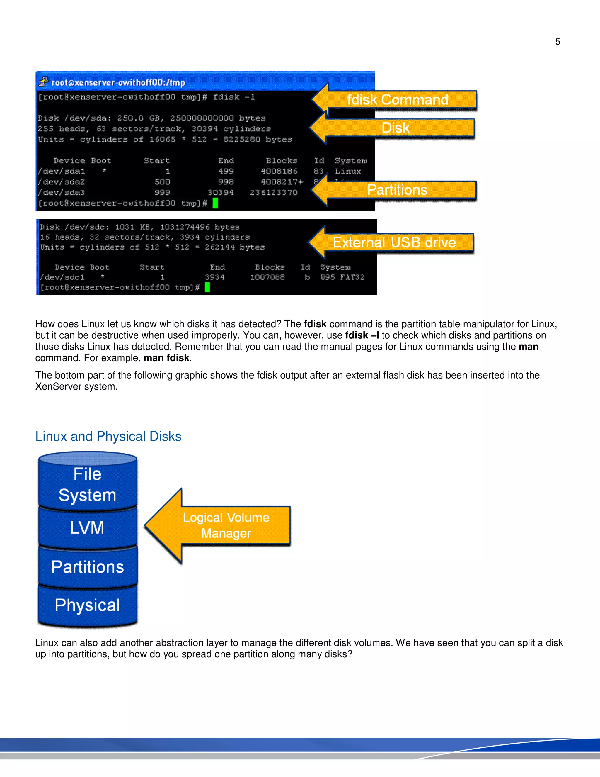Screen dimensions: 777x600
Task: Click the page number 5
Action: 557,42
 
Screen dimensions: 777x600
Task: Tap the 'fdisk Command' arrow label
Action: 397,100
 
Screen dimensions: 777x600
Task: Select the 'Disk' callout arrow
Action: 395,128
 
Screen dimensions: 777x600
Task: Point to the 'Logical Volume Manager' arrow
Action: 225,525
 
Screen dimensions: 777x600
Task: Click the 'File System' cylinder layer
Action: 87,485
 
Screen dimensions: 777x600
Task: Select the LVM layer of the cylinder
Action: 87,527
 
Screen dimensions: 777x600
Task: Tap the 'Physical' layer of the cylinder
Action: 87,605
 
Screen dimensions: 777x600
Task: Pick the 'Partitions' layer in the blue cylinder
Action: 87,567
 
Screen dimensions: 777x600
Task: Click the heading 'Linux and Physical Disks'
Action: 108,437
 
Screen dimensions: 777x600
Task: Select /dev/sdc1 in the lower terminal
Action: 62,277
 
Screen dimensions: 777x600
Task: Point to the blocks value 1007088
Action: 267,277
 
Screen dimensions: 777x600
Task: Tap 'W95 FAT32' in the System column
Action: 342,277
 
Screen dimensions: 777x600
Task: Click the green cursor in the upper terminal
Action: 215,203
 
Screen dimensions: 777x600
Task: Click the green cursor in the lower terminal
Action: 207,287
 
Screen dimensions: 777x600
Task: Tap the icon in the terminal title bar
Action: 43,82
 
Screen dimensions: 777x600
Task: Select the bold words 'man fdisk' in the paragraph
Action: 166,358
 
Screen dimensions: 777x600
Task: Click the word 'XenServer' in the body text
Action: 58,387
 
